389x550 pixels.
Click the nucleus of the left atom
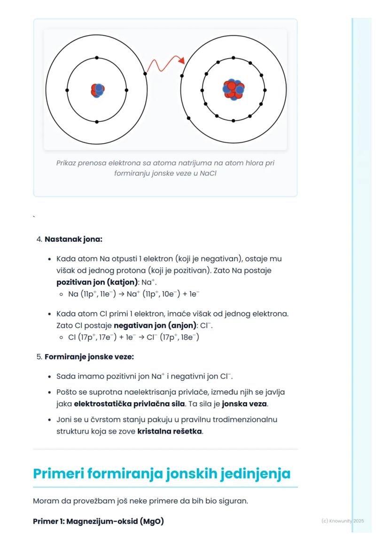[x=97, y=90]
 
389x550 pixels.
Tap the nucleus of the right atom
[x=233, y=89]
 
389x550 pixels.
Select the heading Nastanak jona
[x=73, y=239]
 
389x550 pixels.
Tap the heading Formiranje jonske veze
[x=89, y=357]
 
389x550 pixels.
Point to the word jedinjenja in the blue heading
[x=254, y=473]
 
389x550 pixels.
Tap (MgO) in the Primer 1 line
[x=152, y=521]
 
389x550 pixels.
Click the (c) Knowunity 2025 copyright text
[x=342, y=521]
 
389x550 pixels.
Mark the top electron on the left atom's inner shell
[x=97, y=58]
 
